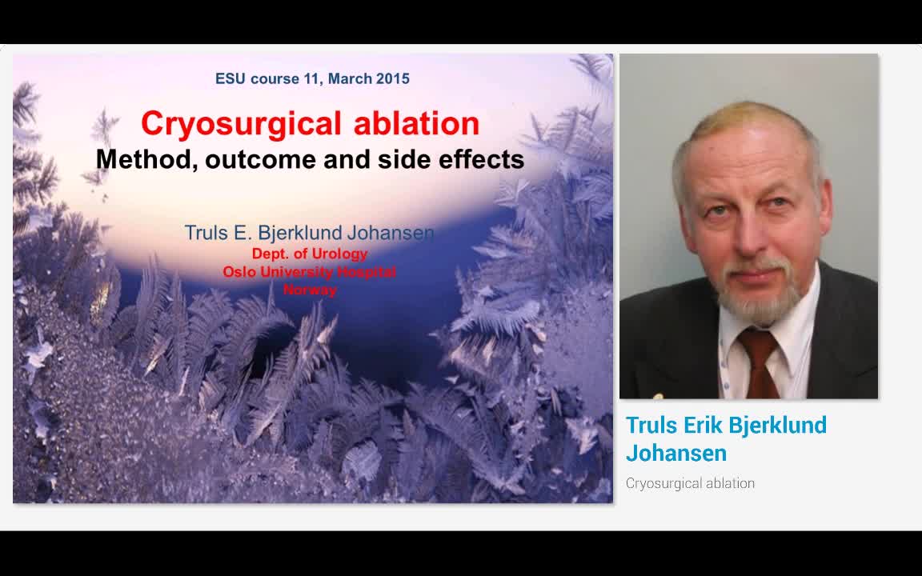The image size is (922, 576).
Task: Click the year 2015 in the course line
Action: [x=392, y=78]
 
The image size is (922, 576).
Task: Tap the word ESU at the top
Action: [x=230, y=78]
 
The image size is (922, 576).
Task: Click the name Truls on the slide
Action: [x=206, y=233]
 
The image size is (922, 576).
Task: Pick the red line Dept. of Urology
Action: [x=310, y=254]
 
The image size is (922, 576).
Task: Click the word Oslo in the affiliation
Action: [x=239, y=272]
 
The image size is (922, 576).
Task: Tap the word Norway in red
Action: [x=310, y=290]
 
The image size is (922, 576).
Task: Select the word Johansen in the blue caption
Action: [x=676, y=453]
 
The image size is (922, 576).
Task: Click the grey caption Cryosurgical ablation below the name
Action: [x=690, y=483]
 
